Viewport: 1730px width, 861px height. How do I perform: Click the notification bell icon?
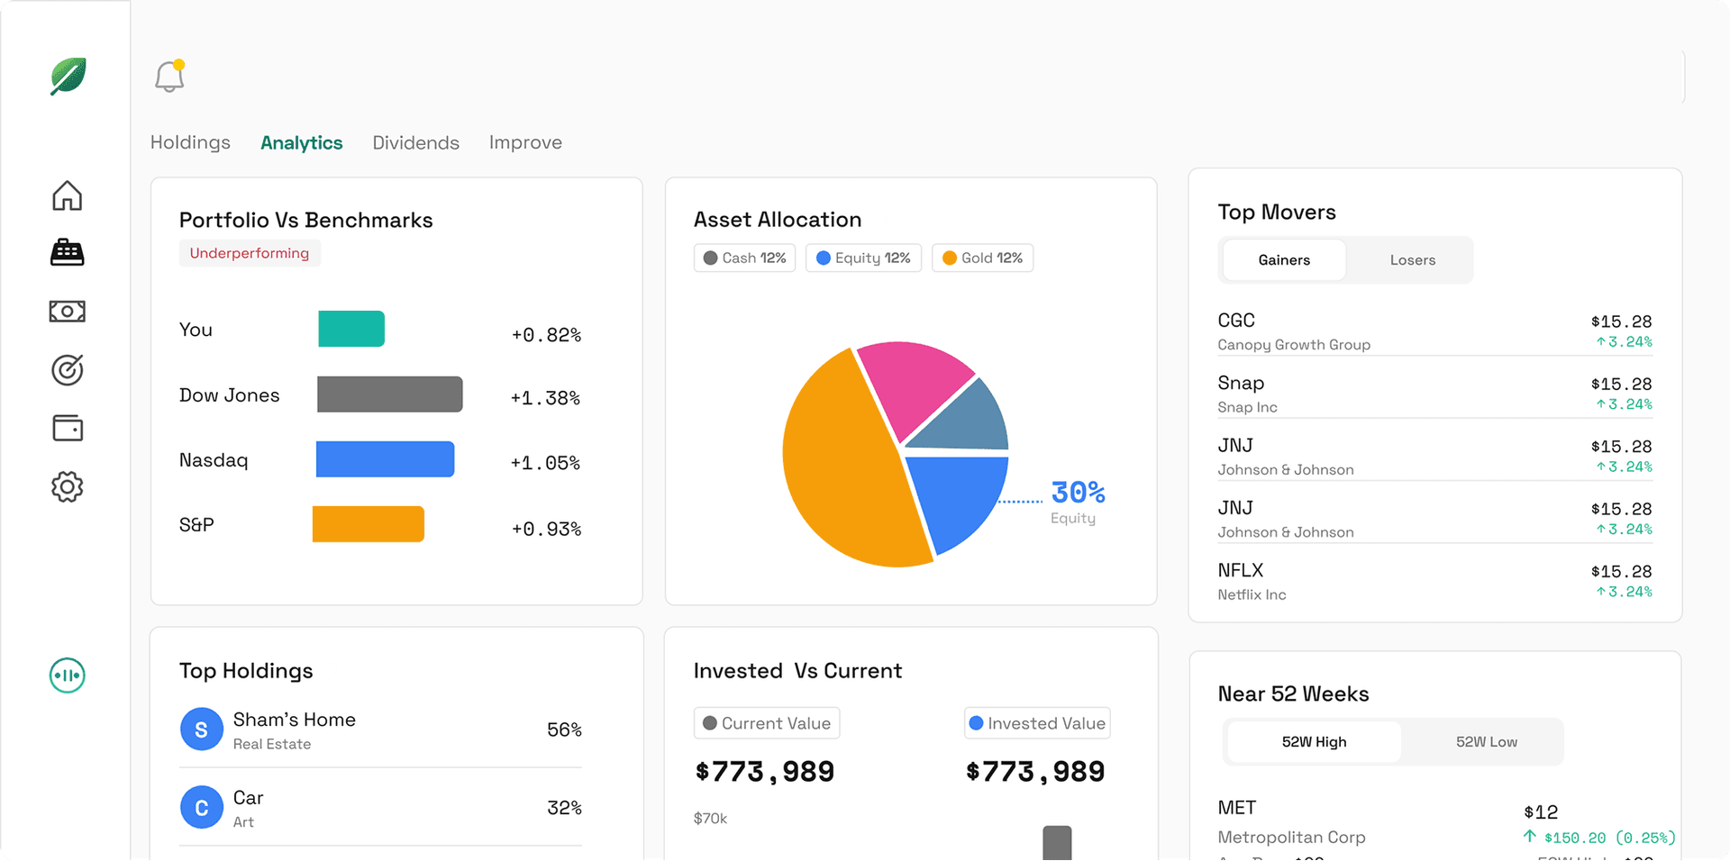169,77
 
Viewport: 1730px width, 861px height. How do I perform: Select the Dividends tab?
415,142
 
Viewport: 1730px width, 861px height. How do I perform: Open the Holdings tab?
190,142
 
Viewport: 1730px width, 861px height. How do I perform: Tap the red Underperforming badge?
250,253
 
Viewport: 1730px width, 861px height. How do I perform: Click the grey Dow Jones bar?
389,394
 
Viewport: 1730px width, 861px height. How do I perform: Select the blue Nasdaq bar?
385,459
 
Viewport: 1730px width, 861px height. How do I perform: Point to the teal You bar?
351,329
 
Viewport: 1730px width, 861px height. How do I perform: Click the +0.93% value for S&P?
546,529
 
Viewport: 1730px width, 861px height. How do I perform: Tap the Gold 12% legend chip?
982,258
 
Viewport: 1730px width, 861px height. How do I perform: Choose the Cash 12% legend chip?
744,258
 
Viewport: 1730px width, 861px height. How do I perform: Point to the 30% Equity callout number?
1078,493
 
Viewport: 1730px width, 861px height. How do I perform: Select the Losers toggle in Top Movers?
1412,260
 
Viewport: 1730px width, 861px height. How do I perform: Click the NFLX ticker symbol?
1241,570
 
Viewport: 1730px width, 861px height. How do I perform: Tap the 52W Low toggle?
1486,742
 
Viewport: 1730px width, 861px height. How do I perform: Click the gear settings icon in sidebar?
68,487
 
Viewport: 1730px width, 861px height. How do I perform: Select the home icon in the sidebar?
68,195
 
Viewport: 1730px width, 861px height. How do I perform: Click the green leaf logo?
68,77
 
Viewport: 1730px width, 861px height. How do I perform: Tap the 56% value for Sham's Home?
564,730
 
